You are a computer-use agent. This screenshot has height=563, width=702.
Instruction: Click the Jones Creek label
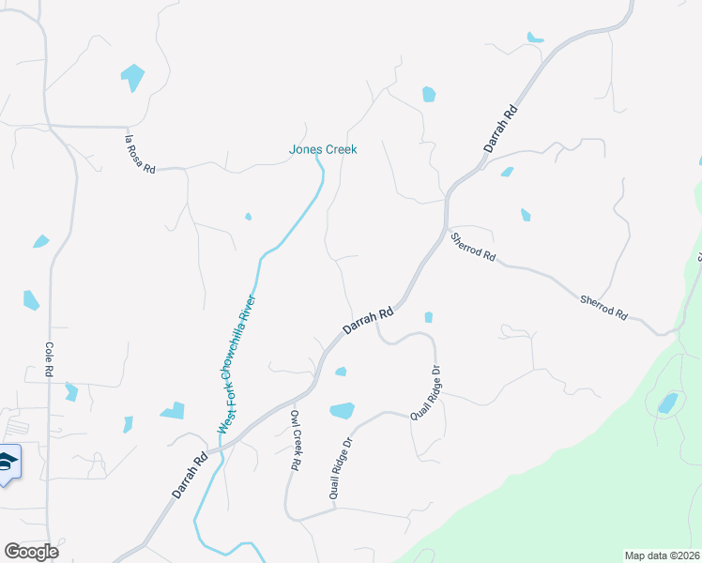coord(323,149)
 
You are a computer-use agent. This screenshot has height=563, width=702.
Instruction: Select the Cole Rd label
coord(49,359)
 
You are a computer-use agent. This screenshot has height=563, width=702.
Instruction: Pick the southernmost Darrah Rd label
coord(189,477)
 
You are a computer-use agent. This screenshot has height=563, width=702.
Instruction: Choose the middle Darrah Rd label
coord(366,322)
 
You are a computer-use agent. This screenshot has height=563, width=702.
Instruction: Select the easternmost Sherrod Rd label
coord(603,309)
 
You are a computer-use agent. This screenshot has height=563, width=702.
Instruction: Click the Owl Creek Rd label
coord(295,440)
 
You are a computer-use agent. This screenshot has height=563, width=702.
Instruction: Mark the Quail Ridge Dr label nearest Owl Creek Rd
coord(340,468)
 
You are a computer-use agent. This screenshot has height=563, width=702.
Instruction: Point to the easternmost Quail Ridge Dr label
coord(425,392)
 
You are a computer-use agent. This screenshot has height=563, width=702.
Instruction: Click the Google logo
coord(32,552)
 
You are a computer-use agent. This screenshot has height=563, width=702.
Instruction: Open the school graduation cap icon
coord(7,462)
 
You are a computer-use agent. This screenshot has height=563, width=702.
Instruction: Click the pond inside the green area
coord(668,403)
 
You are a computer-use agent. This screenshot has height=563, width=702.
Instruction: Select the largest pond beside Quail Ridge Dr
coord(343,410)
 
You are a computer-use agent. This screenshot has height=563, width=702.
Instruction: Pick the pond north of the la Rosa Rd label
coord(133,77)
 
